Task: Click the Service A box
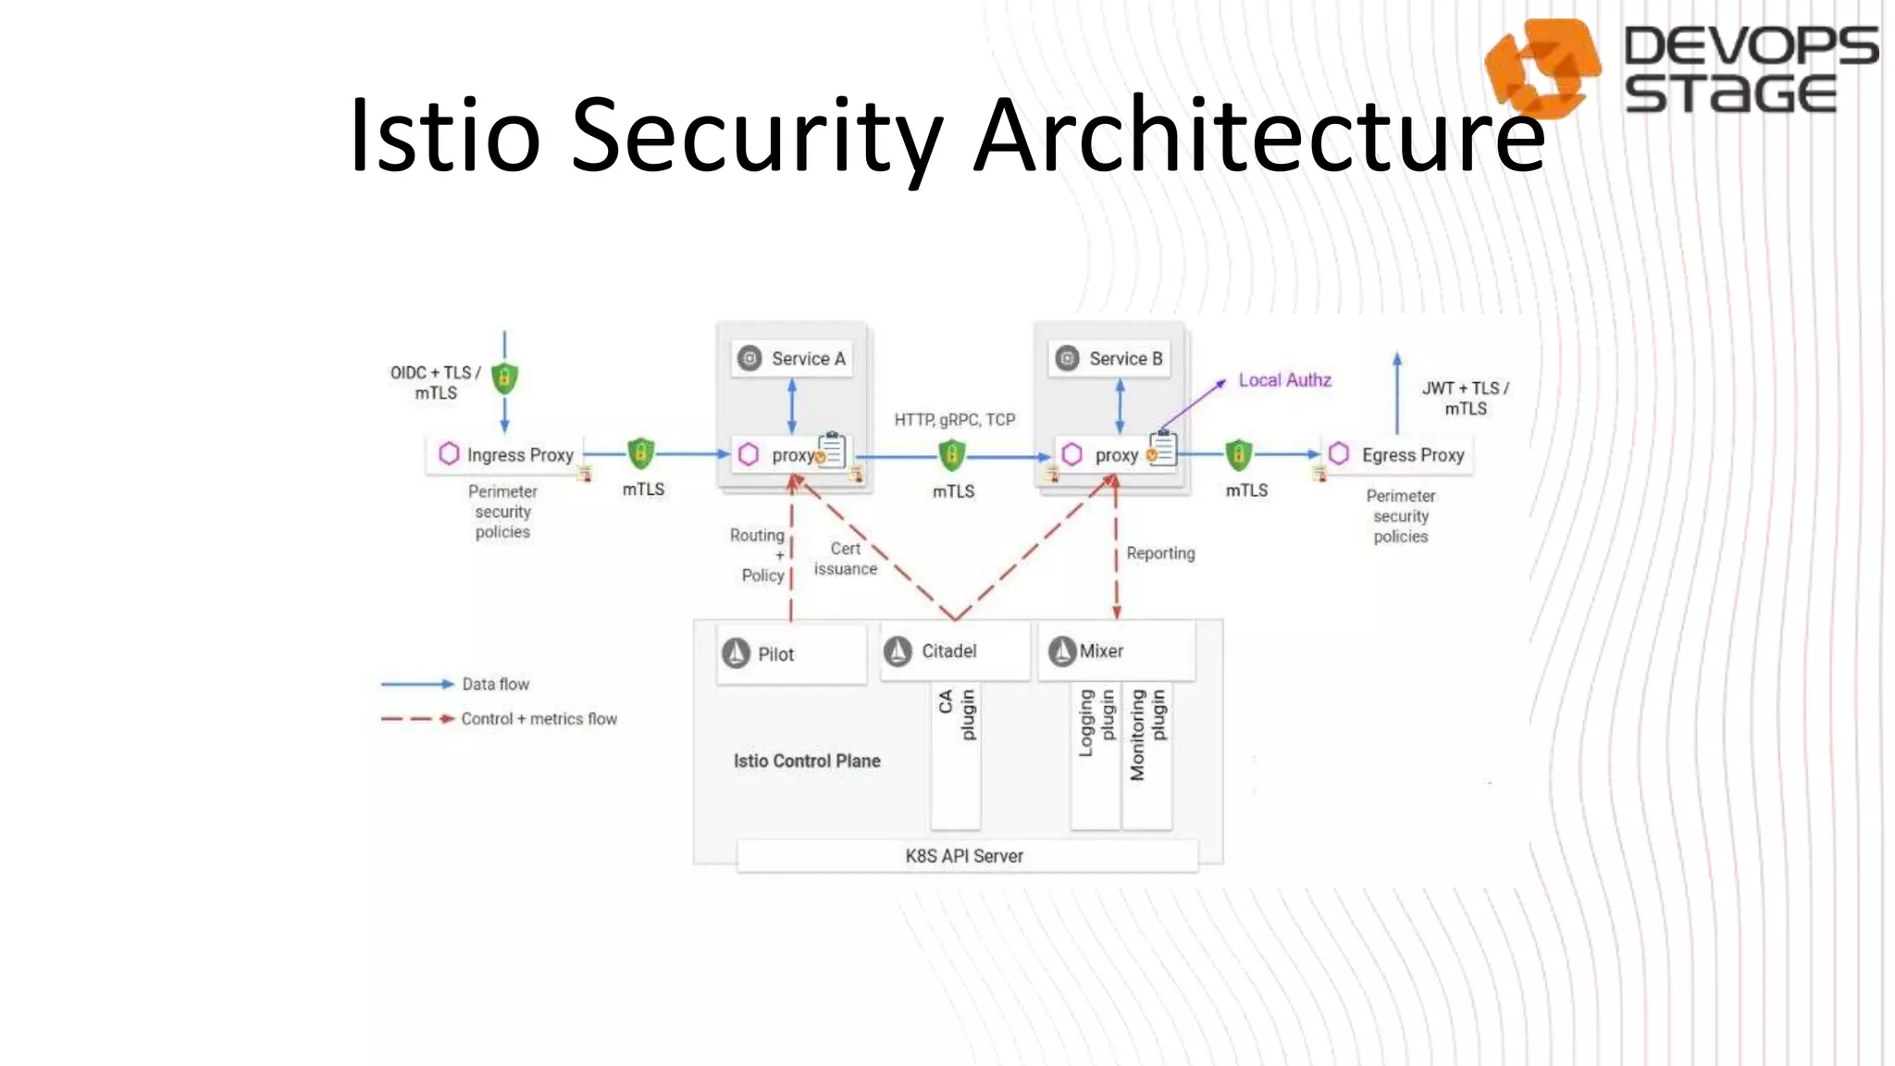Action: (792, 359)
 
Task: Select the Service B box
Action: (1109, 359)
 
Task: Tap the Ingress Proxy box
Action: (505, 454)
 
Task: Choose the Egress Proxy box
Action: (1397, 454)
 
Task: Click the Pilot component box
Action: (791, 654)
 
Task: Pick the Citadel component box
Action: (954, 651)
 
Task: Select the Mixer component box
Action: (1116, 651)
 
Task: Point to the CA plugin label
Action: (956, 714)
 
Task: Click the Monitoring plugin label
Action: (1147, 734)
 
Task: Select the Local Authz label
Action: (1284, 380)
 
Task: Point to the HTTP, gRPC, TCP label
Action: (954, 420)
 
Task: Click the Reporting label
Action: (1160, 553)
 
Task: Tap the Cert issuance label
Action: (845, 559)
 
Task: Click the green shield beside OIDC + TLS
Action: (504, 378)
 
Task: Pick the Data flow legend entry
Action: (496, 685)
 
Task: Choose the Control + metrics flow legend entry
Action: (539, 719)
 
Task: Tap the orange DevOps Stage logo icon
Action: (1542, 67)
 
